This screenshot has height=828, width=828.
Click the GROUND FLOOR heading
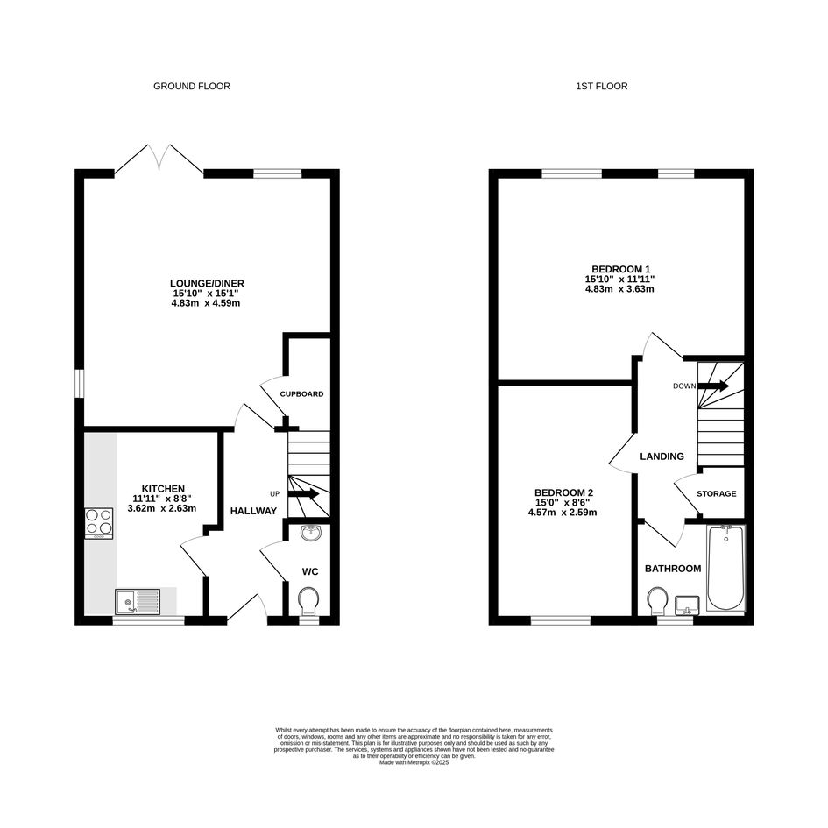pos(192,86)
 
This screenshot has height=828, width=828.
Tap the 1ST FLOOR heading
pos(601,86)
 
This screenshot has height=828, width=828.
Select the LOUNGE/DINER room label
pos(207,284)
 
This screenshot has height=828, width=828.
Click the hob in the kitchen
pos(99,523)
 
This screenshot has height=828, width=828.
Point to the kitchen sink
pos(138,601)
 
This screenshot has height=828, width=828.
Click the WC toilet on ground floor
pos(308,601)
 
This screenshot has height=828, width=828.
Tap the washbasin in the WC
pos(311,533)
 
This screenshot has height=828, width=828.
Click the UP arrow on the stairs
pos(303,494)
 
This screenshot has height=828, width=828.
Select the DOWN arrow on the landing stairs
pos(713,386)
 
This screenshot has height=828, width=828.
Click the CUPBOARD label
pos(301,394)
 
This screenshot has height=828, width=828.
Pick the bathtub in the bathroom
pos(726,568)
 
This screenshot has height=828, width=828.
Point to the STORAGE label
pos(716,494)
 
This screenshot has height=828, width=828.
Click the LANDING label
pos(662,456)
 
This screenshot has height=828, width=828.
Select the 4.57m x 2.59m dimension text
pos(563,513)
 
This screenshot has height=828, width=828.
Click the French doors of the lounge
pos(159,159)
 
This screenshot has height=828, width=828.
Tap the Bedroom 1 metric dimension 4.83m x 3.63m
pos(619,289)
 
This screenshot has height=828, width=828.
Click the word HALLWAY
pos(253,511)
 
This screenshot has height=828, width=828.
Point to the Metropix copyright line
pos(414,762)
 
